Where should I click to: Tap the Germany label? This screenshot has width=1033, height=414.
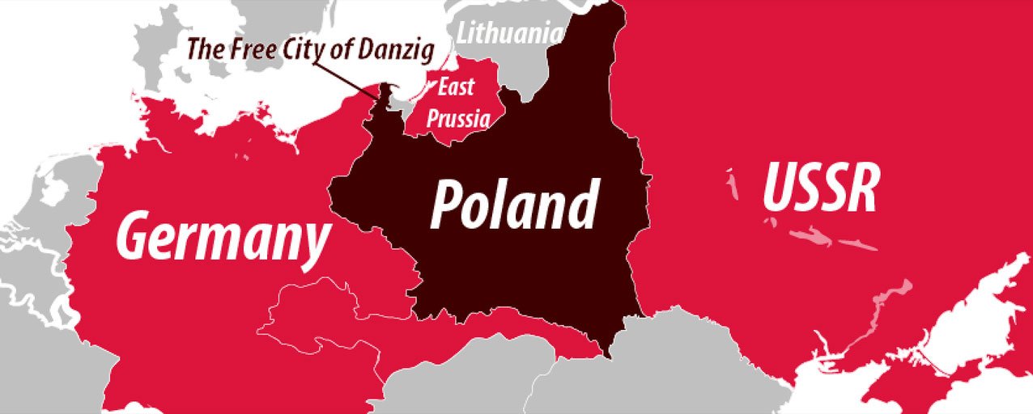(x=223, y=234)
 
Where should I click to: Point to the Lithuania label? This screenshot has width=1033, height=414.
(x=509, y=34)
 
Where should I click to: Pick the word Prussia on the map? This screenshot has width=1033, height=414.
(x=458, y=120)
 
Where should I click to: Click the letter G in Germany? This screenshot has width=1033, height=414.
(x=138, y=235)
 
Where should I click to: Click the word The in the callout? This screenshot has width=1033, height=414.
(x=202, y=48)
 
